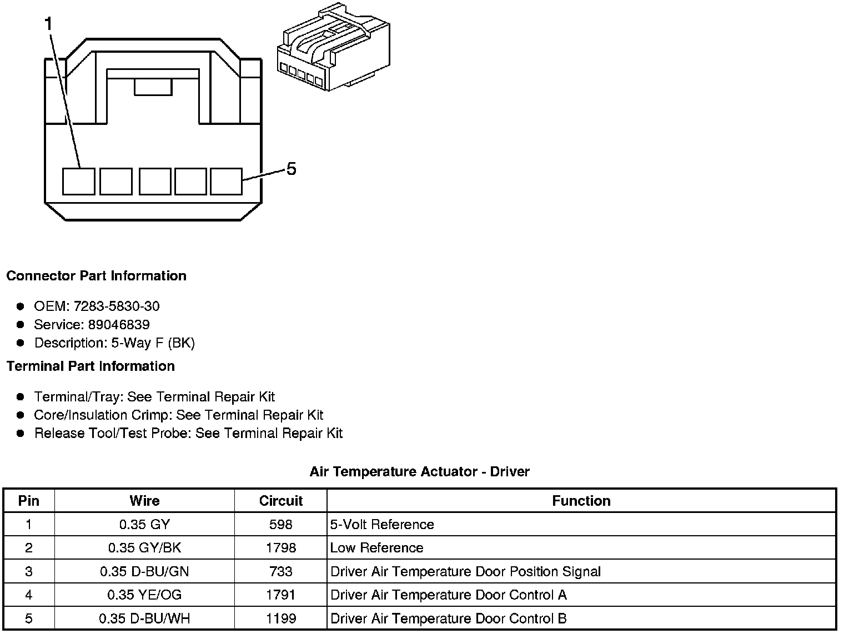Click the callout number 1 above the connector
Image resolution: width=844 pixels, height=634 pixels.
coord(49,23)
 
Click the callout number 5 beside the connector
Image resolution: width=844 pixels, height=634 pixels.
coord(291,169)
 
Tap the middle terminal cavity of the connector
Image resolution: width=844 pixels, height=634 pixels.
coord(155,182)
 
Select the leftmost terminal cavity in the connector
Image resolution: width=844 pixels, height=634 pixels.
coord(78,182)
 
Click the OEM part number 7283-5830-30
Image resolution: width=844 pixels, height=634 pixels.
coord(117,306)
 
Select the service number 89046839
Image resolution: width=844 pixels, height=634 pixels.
coord(119,324)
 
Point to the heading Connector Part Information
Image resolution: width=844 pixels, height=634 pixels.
coord(96,276)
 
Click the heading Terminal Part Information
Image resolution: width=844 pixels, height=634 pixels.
coord(91,366)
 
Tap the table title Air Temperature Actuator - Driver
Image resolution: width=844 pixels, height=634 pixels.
coord(419,472)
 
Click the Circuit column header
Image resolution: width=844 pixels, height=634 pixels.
coord(280,501)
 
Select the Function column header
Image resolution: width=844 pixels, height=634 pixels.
coord(581,501)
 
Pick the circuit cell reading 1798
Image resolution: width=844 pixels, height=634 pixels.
coord(280,548)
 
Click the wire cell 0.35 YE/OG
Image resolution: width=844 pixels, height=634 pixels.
coord(144,595)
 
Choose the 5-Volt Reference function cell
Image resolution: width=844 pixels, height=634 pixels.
coord(382,525)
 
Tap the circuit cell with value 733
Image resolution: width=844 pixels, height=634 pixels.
coord(280,572)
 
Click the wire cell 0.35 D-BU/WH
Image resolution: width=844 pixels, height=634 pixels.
coord(144,618)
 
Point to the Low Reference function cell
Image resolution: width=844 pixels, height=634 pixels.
coord(376,548)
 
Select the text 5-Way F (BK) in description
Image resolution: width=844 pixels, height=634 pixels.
coord(153,343)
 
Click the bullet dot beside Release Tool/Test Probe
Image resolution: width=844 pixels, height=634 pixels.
coord(21,434)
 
